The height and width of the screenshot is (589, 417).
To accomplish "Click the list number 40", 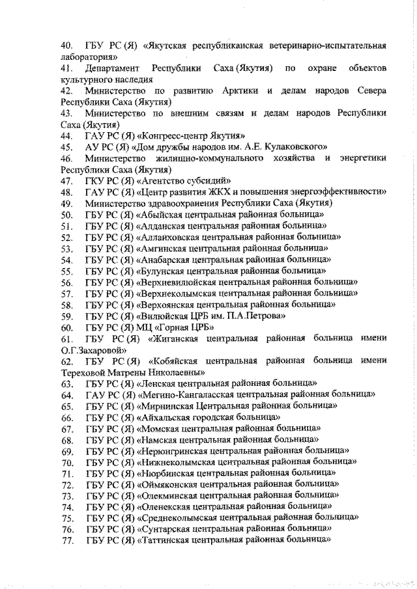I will [x=66, y=46].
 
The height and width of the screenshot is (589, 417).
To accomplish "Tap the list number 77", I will [x=66, y=540].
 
